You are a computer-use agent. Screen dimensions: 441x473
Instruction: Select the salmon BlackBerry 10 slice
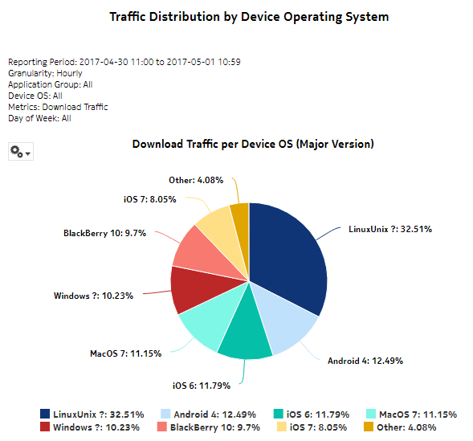193,250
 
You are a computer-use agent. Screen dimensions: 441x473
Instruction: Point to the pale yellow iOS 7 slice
214,224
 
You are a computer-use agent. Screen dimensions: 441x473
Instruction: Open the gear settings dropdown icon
20,151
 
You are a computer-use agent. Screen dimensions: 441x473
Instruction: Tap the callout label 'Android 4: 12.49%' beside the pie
365,361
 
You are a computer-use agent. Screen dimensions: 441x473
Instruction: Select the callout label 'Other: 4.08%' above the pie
197,180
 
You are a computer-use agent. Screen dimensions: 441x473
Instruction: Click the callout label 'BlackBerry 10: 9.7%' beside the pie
104,233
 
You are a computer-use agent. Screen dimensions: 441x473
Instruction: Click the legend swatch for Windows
45,427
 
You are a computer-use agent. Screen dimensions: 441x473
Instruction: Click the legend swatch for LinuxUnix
45,414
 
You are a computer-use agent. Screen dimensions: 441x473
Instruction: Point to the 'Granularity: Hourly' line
45,73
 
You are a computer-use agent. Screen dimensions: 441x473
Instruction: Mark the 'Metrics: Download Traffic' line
58,107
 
